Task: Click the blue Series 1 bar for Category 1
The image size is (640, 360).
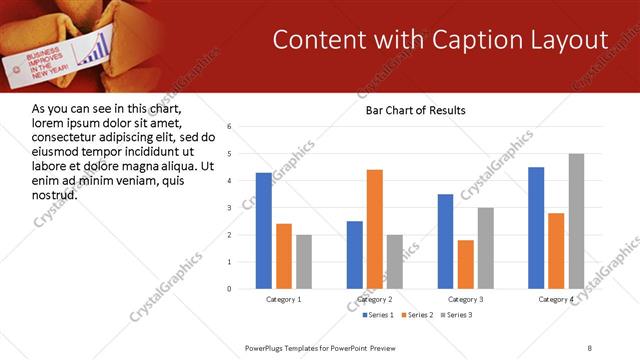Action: [x=264, y=231]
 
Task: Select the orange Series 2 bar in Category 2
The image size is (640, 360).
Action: [x=375, y=229]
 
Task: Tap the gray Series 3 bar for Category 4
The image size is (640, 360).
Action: [x=576, y=221]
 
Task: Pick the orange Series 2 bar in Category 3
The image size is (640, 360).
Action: [x=466, y=264]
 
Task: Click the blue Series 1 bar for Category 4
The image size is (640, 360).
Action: [x=536, y=228]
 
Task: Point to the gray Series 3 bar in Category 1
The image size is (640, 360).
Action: [x=304, y=262]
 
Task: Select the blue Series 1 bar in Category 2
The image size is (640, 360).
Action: [x=355, y=255]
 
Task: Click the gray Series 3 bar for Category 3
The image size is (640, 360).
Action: [x=486, y=248]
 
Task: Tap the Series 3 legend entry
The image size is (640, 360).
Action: [x=457, y=315]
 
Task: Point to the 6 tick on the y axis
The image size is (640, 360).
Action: [x=230, y=127]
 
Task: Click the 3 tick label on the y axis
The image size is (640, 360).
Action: [x=230, y=208]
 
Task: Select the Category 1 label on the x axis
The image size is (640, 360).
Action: [x=284, y=299]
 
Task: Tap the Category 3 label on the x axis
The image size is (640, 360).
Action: [x=466, y=299]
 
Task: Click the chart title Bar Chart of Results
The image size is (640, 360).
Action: [x=409, y=109]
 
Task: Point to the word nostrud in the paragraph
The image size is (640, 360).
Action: [x=56, y=194]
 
